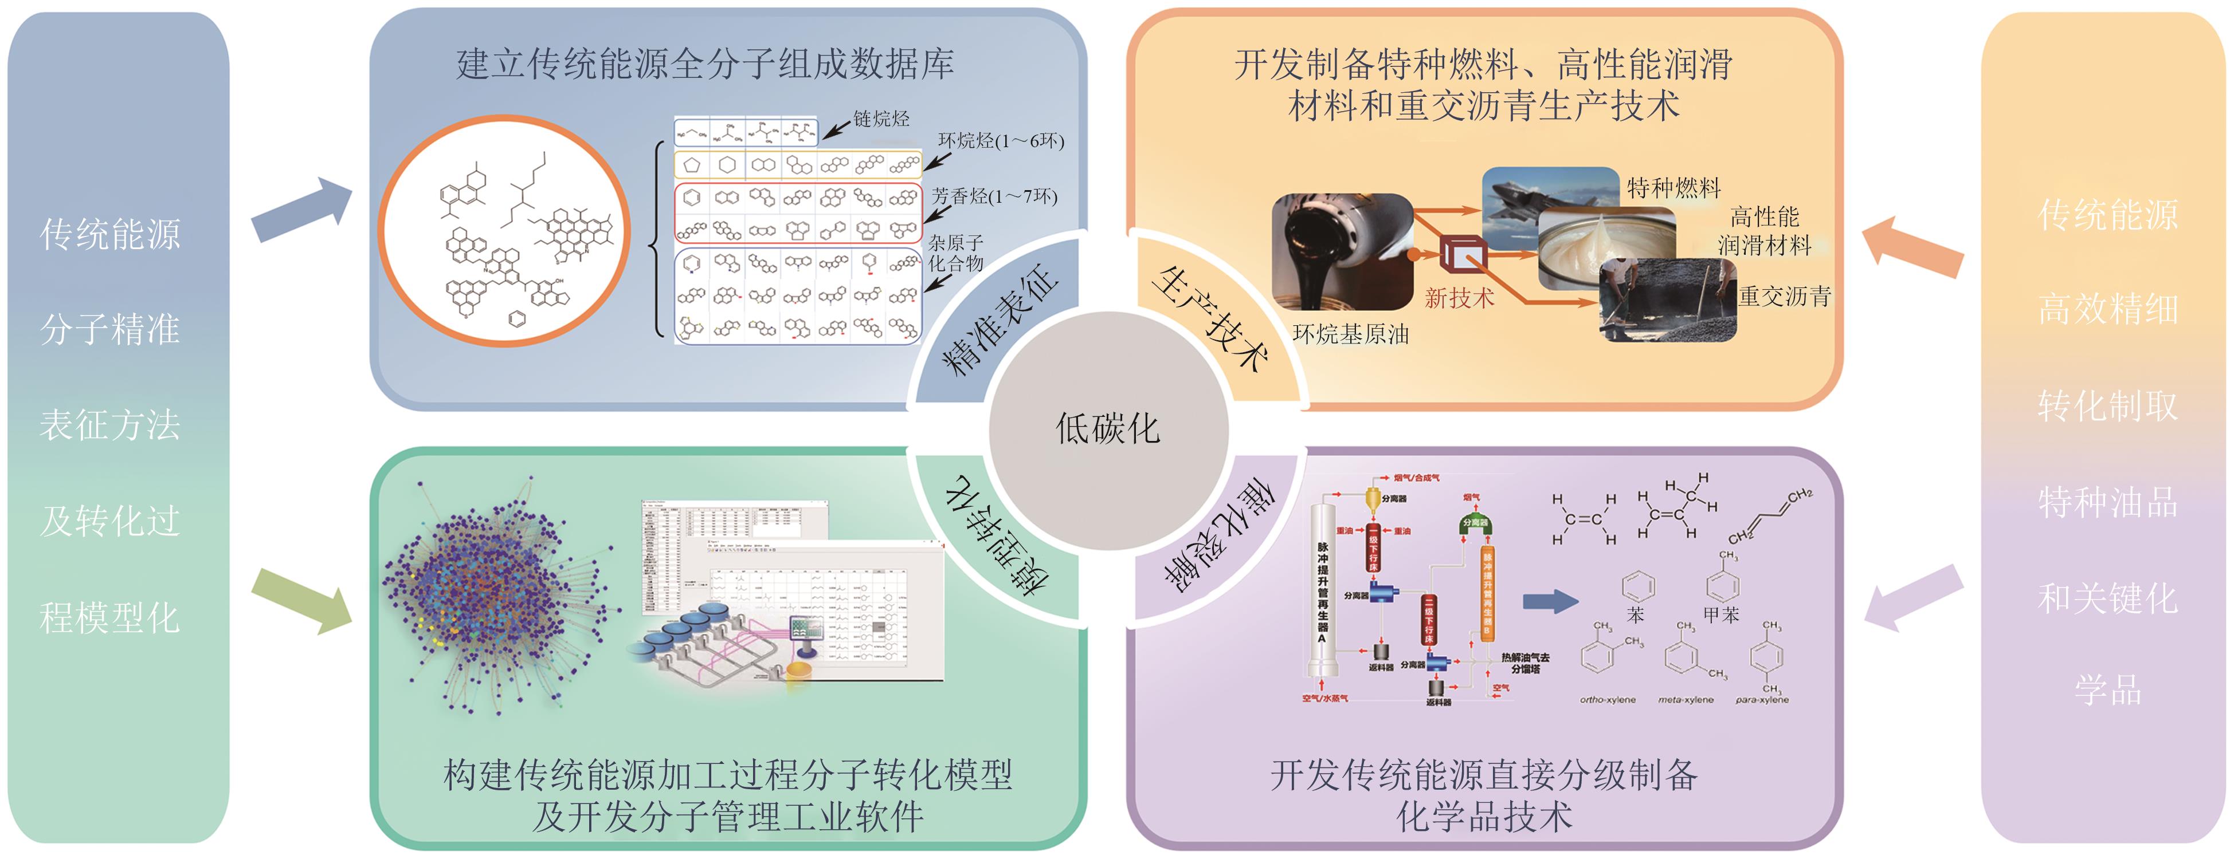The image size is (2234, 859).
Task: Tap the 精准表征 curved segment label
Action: (999, 321)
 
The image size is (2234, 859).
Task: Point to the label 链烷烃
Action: (881, 119)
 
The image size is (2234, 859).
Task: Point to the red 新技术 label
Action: (1460, 299)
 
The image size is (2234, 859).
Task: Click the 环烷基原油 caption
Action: (1350, 334)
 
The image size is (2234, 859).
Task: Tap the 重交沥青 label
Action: (1784, 297)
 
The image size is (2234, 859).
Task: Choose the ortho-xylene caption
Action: (1607, 699)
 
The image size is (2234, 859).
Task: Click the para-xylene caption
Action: (1761, 699)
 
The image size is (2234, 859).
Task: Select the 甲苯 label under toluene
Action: (1722, 616)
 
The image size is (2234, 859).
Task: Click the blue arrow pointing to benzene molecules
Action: (1550, 601)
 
